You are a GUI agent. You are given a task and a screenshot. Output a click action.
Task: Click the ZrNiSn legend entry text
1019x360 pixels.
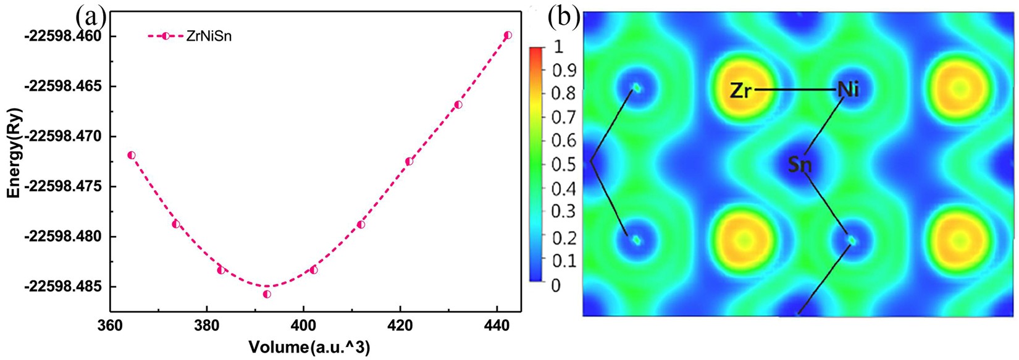pos(209,36)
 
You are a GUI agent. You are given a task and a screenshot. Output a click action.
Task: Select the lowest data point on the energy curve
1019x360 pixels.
pos(267,294)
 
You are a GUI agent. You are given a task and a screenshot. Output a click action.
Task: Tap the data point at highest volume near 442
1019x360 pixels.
pos(508,35)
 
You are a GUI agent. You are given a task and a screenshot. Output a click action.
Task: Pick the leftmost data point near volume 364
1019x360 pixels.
pos(131,155)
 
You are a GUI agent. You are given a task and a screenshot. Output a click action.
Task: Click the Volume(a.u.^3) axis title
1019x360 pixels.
pos(309,348)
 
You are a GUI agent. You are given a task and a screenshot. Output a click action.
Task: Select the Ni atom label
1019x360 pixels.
pos(848,90)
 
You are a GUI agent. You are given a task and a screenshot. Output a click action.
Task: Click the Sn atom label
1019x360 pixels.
pos(800,165)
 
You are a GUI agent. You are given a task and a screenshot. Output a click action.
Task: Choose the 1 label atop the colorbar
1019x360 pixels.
pos(557,46)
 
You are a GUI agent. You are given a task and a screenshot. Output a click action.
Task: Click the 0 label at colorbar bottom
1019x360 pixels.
pos(555,285)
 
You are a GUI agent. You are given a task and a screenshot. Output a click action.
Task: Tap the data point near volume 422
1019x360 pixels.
pos(409,161)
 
